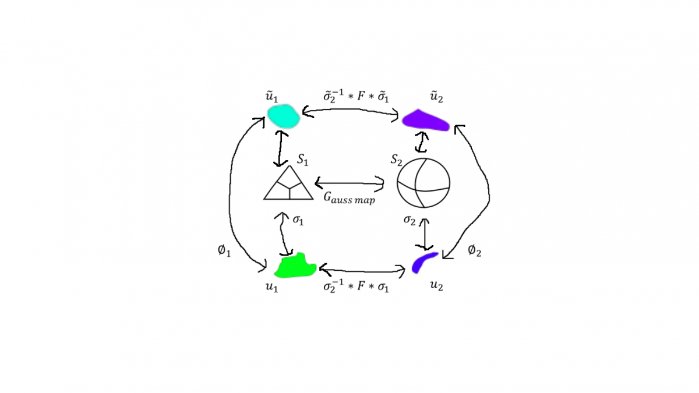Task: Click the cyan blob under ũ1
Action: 284,116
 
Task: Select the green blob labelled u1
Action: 295,266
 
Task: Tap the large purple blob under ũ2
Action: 426,120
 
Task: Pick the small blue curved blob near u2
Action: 423,261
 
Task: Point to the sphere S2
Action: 423,182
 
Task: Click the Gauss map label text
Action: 349,199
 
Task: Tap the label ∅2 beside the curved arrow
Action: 474,251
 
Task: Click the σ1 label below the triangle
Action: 298,220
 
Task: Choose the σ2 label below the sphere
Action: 409,220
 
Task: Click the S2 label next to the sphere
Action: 396,158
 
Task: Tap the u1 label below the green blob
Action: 271,287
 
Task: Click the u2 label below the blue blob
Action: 436,286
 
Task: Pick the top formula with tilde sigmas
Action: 356,95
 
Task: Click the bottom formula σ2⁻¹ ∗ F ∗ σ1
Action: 356,286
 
